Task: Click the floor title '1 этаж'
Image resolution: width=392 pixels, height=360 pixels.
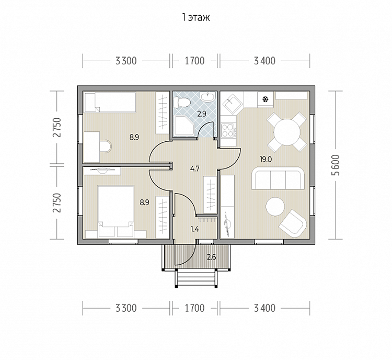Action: pyautogui.click(x=196, y=17)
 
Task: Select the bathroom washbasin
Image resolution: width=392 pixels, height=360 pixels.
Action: pyautogui.click(x=207, y=97)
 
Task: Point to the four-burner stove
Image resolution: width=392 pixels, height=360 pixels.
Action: pyautogui.click(x=228, y=130)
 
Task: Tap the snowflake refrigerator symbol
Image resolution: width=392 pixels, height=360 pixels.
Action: pyautogui.click(x=265, y=99)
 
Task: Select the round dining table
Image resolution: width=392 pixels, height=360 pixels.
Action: pyautogui.click(x=287, y=132)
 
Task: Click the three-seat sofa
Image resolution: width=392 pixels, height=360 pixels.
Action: pyautogui.click(x=278, y=178)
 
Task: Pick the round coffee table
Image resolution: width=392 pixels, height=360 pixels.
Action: pyautogui.click(x=275, y=207)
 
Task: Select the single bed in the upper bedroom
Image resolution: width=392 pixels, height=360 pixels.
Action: pyautogui.click(x=110, y=102)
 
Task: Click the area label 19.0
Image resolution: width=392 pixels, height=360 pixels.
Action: pyautogui.click(x=266, y=160)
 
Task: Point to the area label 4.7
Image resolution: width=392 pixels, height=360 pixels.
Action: pyautogui.click(x=195, y=168)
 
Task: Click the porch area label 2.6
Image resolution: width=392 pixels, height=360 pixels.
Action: pyautogui.click(x=212, y=257)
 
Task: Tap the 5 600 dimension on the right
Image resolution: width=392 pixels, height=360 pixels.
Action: pyautogui.click(x=337, y=165)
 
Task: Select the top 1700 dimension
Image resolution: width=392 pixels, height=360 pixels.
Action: pyautogui.click(x=194, y=61)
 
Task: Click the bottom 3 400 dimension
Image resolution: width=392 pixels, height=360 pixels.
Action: pyautogui.click(x=265, y=308)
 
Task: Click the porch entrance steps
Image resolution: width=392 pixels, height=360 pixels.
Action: pyautogui.click(x=195, y=278)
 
